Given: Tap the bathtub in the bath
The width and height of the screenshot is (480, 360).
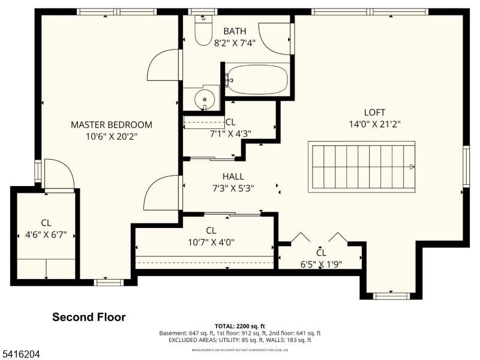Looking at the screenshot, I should tap(258, 79).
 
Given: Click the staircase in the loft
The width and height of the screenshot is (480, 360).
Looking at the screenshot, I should tap(362, 167).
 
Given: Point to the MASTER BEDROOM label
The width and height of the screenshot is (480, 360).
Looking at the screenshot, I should tap(112, 125).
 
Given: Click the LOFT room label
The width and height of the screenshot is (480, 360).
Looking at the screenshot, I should tap(374, 112).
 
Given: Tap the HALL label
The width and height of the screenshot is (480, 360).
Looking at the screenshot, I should tap(233, 176).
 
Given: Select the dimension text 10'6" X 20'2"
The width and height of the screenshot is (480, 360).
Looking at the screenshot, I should tap(112, 137).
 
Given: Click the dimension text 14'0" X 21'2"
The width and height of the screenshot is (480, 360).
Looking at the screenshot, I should tap(374, 124).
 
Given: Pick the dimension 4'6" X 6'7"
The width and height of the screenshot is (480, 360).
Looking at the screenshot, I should tap(46, 235).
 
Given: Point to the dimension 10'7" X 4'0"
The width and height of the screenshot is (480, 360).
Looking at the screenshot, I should tap(211, 242).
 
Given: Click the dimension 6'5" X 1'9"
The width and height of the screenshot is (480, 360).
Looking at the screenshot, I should tap(321, 263).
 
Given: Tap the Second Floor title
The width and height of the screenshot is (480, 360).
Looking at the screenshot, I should tap(89, 317).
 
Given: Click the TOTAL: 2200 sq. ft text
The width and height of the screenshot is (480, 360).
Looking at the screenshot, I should tap(239, 326).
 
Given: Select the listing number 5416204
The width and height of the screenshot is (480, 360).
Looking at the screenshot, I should tap(20, 355).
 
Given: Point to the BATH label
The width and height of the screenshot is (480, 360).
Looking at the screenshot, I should tap(235, 31).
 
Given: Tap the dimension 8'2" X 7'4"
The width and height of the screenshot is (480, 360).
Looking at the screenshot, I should tap(235, 43).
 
